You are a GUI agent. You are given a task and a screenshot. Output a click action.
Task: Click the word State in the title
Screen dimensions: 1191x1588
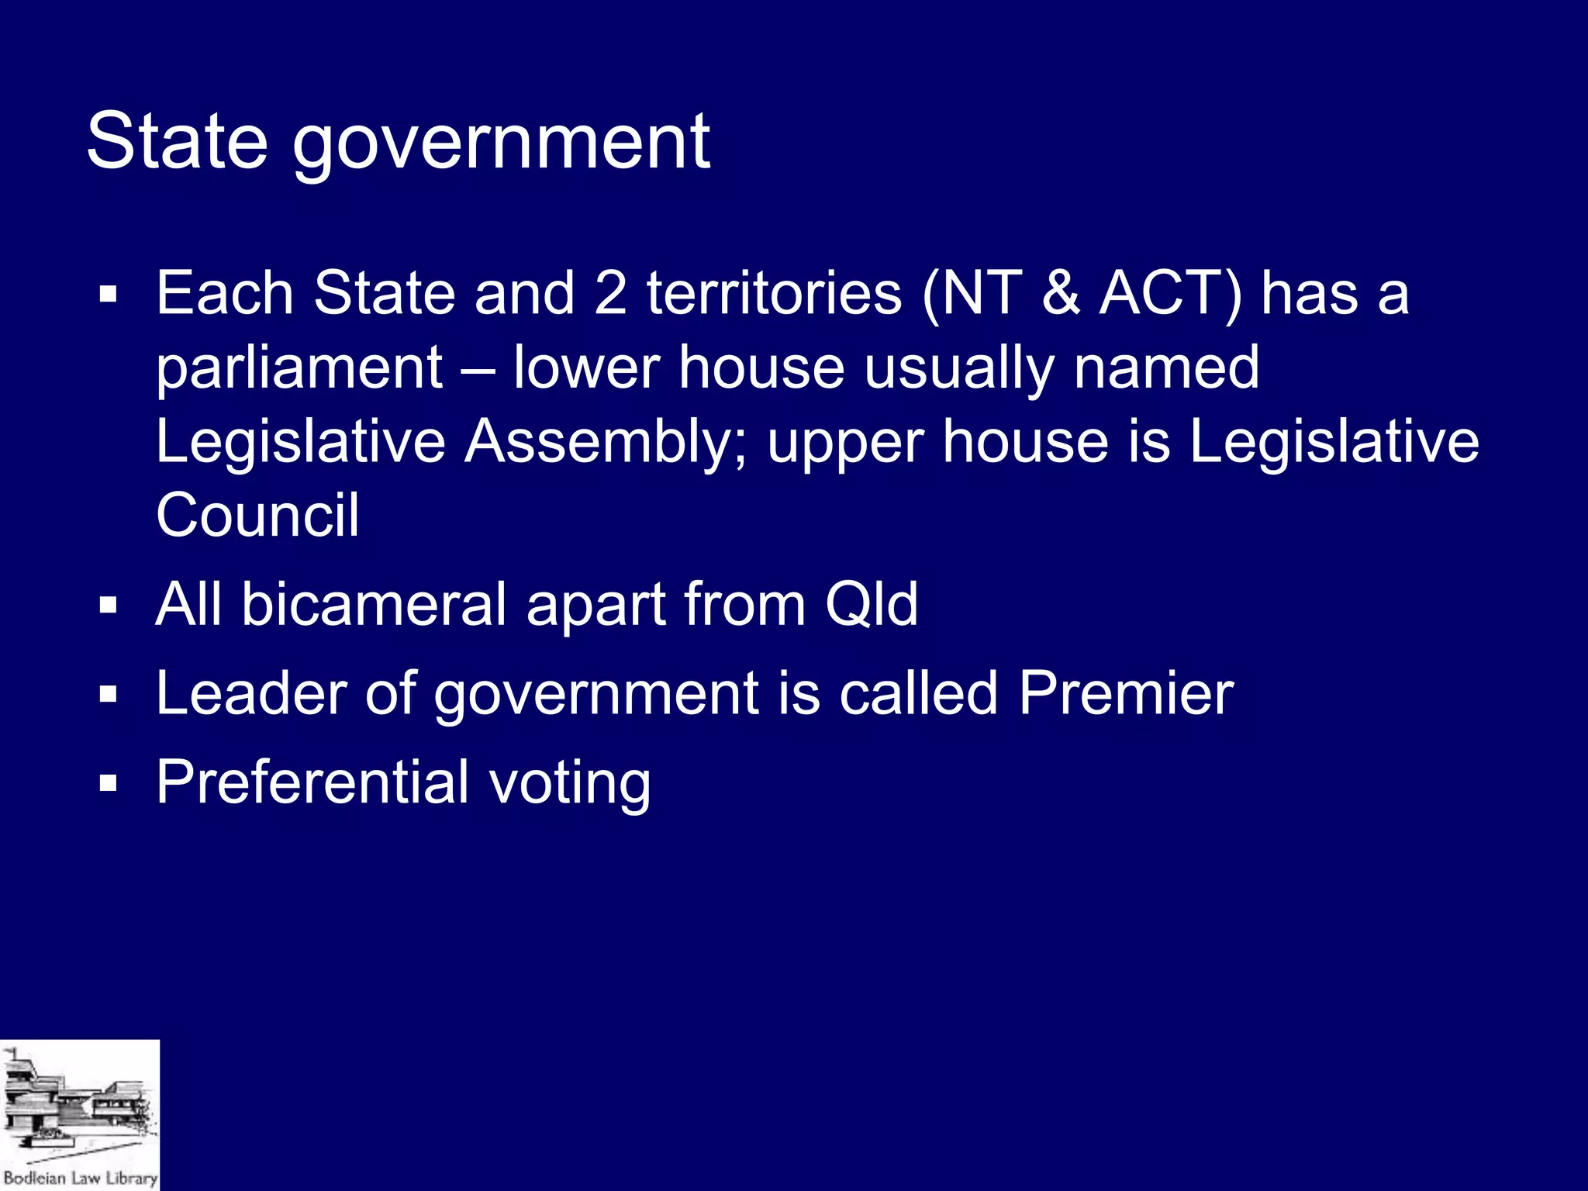(177, 141)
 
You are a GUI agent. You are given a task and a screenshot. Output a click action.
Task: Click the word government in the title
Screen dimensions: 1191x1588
(500, 144)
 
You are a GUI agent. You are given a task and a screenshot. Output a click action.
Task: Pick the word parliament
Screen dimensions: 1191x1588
(299, 369)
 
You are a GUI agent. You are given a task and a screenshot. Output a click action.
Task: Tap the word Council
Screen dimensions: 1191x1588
(257, 515)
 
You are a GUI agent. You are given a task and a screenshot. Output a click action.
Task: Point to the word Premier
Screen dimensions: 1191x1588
(1126, 692)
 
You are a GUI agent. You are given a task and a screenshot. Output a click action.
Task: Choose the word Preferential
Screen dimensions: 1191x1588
(312, 782)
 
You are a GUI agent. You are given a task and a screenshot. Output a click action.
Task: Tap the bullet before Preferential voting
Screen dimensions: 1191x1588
(108, 784)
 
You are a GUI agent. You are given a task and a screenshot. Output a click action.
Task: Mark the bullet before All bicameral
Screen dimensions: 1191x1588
(108, 606)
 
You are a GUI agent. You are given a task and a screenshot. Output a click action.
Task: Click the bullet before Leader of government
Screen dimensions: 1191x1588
(108, 695)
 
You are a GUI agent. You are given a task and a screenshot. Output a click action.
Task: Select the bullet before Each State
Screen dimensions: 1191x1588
(108, 295)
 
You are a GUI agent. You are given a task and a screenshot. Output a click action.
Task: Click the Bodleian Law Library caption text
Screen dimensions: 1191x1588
(80, 1178)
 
